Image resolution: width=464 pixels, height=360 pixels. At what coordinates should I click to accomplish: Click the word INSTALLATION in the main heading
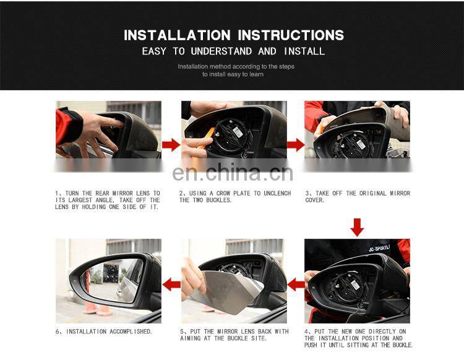pos(177,35)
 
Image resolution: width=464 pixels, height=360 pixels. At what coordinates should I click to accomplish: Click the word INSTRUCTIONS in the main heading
pos(291,35)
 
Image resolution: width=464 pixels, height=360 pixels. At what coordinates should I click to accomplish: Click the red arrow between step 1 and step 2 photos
pos(171,145)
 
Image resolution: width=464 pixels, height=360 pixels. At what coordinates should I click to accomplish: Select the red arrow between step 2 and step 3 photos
pos(296,145)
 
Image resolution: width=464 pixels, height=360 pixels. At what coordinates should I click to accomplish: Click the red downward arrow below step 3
pos(357,226)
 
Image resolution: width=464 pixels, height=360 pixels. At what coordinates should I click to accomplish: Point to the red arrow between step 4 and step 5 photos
pos(296,285)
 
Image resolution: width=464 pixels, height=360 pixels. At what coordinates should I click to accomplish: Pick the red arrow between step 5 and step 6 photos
pos(171,285)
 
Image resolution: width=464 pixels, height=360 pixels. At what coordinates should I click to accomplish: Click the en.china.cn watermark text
pos(233,174)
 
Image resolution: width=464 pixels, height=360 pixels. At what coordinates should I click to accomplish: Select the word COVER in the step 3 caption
pos(315,200)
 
